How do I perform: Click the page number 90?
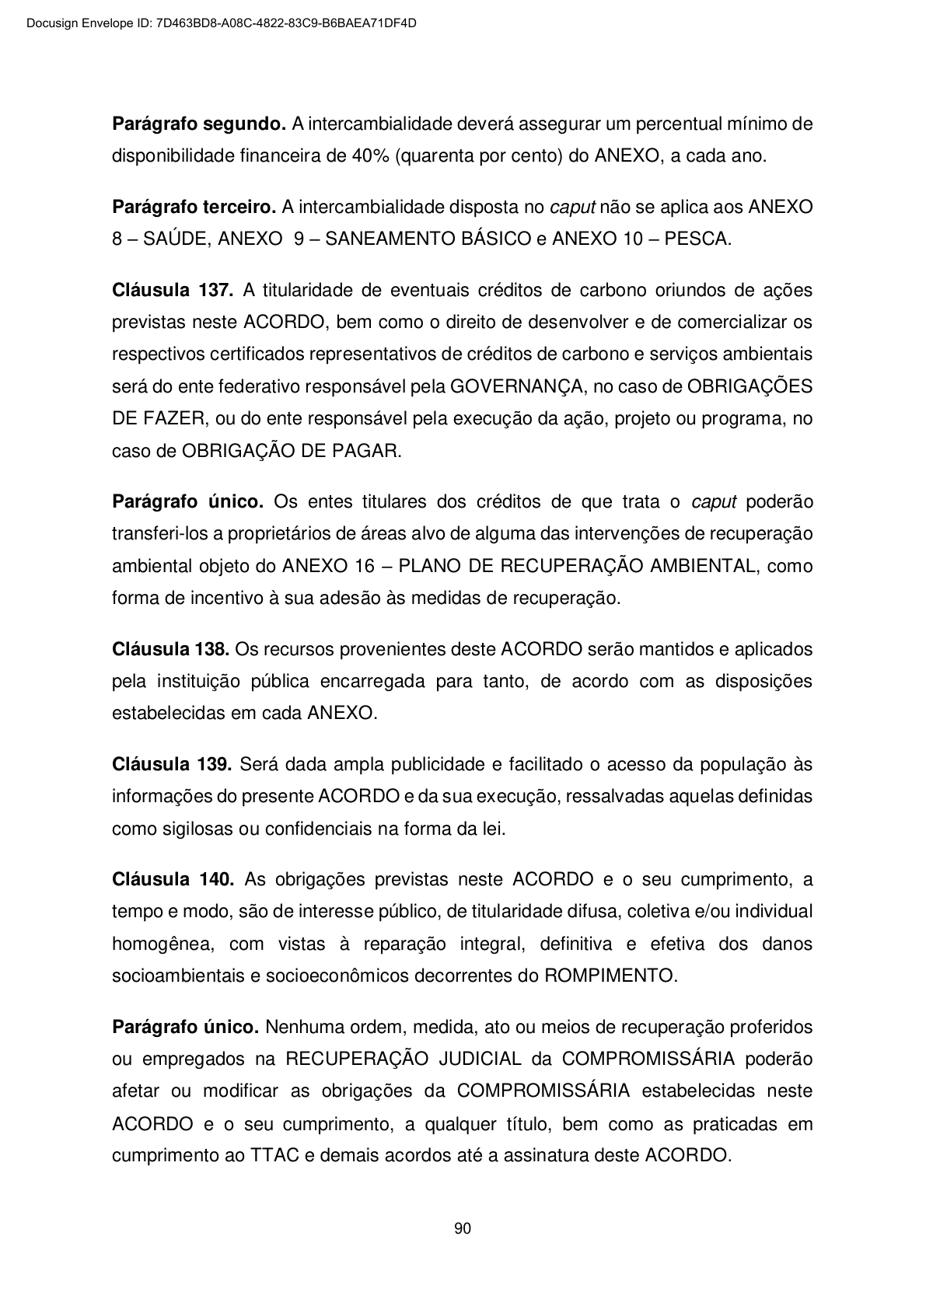click(463, 1229)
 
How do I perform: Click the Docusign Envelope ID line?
click(222, 23)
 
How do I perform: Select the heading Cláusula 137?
click(173, 290)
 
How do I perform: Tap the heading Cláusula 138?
click(170, 649)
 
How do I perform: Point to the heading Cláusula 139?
click(172, 764)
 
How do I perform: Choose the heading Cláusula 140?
click(173, 879)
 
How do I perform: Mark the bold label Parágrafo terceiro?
click(194, 207)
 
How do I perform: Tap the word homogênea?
click(162, 944)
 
